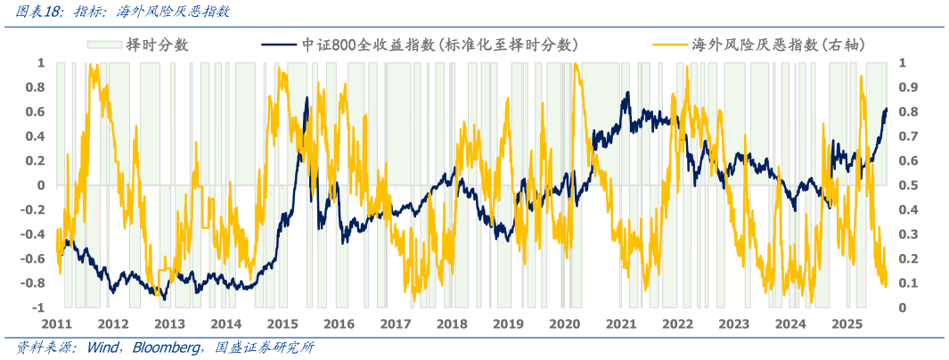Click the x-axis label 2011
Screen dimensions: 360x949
pyautogui.click(x=57, y=323)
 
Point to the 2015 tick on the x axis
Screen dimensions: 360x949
pyautogui.click(x=282, y=323)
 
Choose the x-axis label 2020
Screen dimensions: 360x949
pyautogui.click(x=565, y=323)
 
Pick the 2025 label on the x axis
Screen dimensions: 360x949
pyautogui.click(x=847, y=323)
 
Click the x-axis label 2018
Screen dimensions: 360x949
pyautogui.click(x=452, y=323)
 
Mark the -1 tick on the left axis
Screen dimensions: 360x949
pyautogui.click(x=40, y=307)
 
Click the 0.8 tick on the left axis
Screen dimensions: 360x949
pyautogui.click(x=36, y=87)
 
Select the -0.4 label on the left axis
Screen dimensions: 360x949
pyautogui.click(x=33, y=234)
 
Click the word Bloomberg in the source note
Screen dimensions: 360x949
pyautogui.click(x=168, y=347)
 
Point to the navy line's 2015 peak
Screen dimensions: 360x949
pyautogui.click(x=307, y=98)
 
